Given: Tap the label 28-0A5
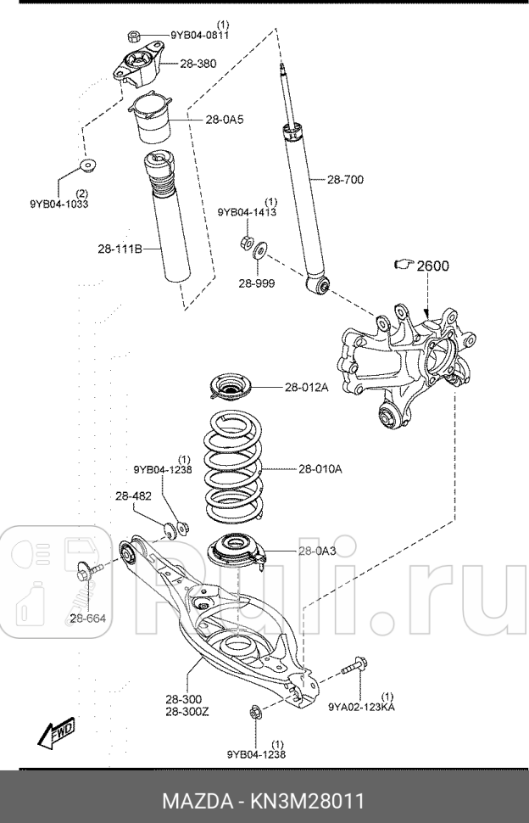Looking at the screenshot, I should [x=224, y=120].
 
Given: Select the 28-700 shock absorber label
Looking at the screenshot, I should [x=347, y=179].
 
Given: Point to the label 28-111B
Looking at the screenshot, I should [x=118, y=249].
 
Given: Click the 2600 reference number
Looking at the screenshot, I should [x=431, y=266].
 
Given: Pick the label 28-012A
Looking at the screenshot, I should [x=305, y=388].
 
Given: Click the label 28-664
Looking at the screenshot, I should [x=88, y=618].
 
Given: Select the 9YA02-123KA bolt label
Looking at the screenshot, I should [x=362, y=705].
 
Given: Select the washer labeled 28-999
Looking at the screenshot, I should [x=259, y=248].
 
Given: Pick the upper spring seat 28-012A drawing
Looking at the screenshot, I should [x=231, y=390].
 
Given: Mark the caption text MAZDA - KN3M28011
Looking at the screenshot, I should [x=264, y=799].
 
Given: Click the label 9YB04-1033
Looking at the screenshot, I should [x=59, y=204].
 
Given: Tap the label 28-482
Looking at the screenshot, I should [x=132, y=495].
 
